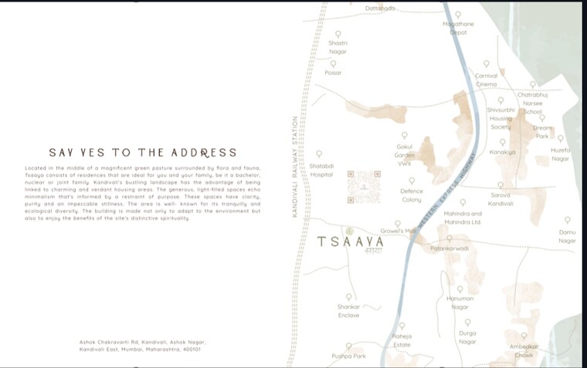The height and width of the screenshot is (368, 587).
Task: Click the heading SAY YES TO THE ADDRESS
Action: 143,153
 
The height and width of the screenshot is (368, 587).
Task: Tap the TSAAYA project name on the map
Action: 351,241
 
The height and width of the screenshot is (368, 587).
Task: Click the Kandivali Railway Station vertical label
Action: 294,167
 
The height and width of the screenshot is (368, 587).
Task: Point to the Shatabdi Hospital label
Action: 321,170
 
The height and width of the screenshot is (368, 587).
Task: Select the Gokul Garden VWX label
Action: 405,154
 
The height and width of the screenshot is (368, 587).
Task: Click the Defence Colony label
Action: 411,195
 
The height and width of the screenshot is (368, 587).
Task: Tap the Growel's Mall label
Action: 399,231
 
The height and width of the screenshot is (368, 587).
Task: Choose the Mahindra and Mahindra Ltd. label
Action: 463,218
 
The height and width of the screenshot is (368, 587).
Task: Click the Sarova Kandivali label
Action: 500,199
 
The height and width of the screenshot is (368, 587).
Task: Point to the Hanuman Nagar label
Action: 460,302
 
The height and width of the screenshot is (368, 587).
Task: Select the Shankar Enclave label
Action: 348,311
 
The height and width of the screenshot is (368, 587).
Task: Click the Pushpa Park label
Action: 348,356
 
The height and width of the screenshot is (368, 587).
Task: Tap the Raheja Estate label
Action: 402,340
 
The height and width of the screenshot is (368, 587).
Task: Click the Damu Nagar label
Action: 567,236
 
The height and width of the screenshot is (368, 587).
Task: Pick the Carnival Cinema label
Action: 486,79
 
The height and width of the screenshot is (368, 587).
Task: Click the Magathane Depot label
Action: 458,29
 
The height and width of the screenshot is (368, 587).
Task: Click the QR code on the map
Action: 363,187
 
